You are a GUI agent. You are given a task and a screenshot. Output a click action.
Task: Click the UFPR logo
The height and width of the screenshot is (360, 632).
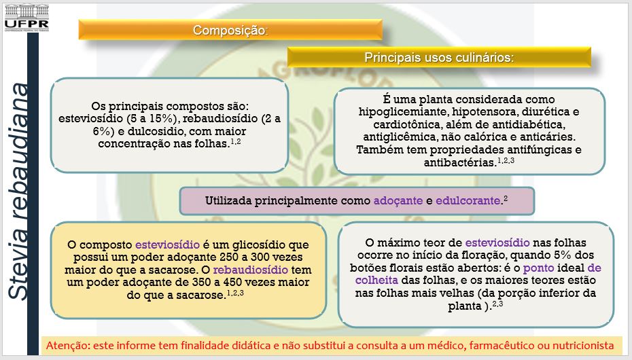pos(27,18)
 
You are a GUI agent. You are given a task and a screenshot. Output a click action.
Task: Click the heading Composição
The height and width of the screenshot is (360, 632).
pos(230,30)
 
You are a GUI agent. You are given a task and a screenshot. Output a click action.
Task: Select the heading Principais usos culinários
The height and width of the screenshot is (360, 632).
pos(439,58)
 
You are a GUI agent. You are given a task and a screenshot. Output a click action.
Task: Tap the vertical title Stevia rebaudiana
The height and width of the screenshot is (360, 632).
pos(18,192)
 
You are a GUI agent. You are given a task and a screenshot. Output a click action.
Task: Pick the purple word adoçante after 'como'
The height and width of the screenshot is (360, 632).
pos(398,201)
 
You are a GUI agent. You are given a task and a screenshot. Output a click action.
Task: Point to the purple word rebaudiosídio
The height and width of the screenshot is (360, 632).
pos(250,270)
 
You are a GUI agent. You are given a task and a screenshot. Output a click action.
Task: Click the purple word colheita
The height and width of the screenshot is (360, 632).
pos(376,281)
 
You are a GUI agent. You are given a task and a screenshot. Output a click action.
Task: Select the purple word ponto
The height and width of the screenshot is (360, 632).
pos(539,268)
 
